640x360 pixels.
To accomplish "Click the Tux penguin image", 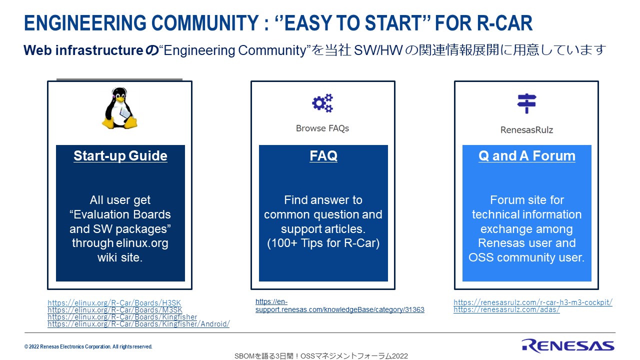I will click(119, 108).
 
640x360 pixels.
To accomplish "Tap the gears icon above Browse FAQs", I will click(322, 103).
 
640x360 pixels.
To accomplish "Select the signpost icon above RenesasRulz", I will click(526, 103).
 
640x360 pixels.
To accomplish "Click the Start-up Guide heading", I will click(120, 156).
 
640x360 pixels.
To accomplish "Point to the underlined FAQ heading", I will click(323, 156).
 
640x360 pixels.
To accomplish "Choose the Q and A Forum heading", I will click(527, 156).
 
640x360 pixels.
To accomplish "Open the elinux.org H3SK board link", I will click(114, 303).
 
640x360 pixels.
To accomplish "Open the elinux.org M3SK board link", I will click(115, 310).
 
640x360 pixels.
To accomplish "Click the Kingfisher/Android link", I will click(138, 324).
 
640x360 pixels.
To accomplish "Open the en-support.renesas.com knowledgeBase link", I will click(339, 309).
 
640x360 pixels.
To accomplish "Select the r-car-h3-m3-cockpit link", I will click(532, 302).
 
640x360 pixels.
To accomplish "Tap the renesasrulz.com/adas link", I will click(506, 309).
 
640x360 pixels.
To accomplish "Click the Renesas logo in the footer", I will click(568, 345).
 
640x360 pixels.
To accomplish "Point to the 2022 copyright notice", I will click(88, 346).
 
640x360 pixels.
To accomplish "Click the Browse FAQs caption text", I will click(322, 128).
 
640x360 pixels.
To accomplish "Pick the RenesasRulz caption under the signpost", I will click(526, 130).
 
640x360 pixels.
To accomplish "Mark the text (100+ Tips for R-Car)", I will click(323, 243).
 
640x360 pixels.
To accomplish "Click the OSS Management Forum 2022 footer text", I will click(321, 356).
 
